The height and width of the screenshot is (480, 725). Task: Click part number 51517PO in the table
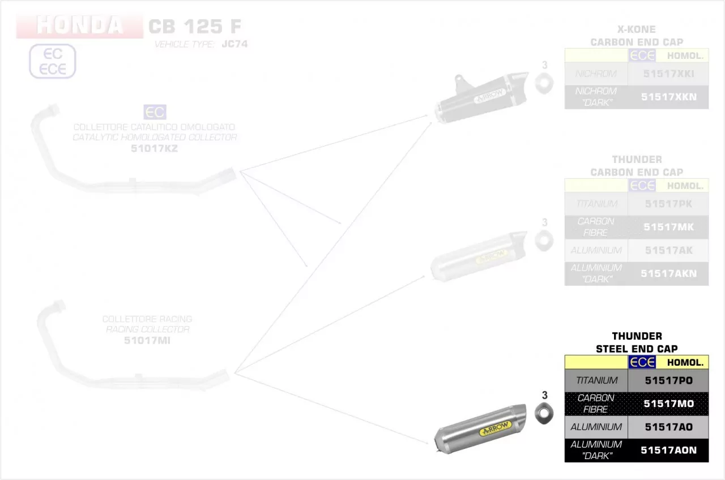[668, 381]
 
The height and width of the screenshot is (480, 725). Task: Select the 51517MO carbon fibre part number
[668, 404]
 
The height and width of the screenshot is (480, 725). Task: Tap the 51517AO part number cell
[668, 427]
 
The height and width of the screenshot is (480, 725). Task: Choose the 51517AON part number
[668, 451]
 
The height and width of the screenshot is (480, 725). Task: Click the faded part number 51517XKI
[668, 74]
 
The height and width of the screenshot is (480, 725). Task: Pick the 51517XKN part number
[668, 97]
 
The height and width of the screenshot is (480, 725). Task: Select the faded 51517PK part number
[668, 204]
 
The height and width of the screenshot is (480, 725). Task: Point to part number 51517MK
[668, 227]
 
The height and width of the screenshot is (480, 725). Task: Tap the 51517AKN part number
[668, 273]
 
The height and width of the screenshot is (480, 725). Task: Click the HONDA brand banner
[79, 25]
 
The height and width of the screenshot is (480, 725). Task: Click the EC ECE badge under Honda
[52, 62]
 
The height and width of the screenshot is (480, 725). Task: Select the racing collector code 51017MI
[147, 340]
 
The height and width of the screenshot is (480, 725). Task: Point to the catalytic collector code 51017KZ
[154, 148]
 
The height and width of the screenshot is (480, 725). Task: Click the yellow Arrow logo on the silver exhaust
[495, 428]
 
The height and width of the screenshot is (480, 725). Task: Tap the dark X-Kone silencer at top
[481, 98]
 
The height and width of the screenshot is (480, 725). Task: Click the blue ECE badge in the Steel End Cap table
[642, 362]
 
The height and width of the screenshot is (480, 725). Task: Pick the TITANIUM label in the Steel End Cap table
[596, 381]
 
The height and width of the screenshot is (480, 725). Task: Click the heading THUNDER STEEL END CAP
[637, 342]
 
